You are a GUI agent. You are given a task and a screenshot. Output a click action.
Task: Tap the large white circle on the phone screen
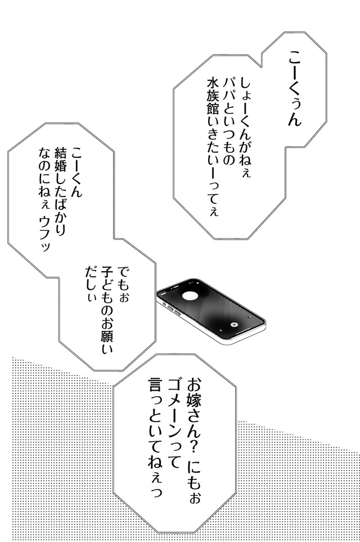pyautogui.click(x=190, y=296)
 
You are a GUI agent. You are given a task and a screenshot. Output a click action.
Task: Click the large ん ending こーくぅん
pyautogui.click(x=294, y=119)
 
